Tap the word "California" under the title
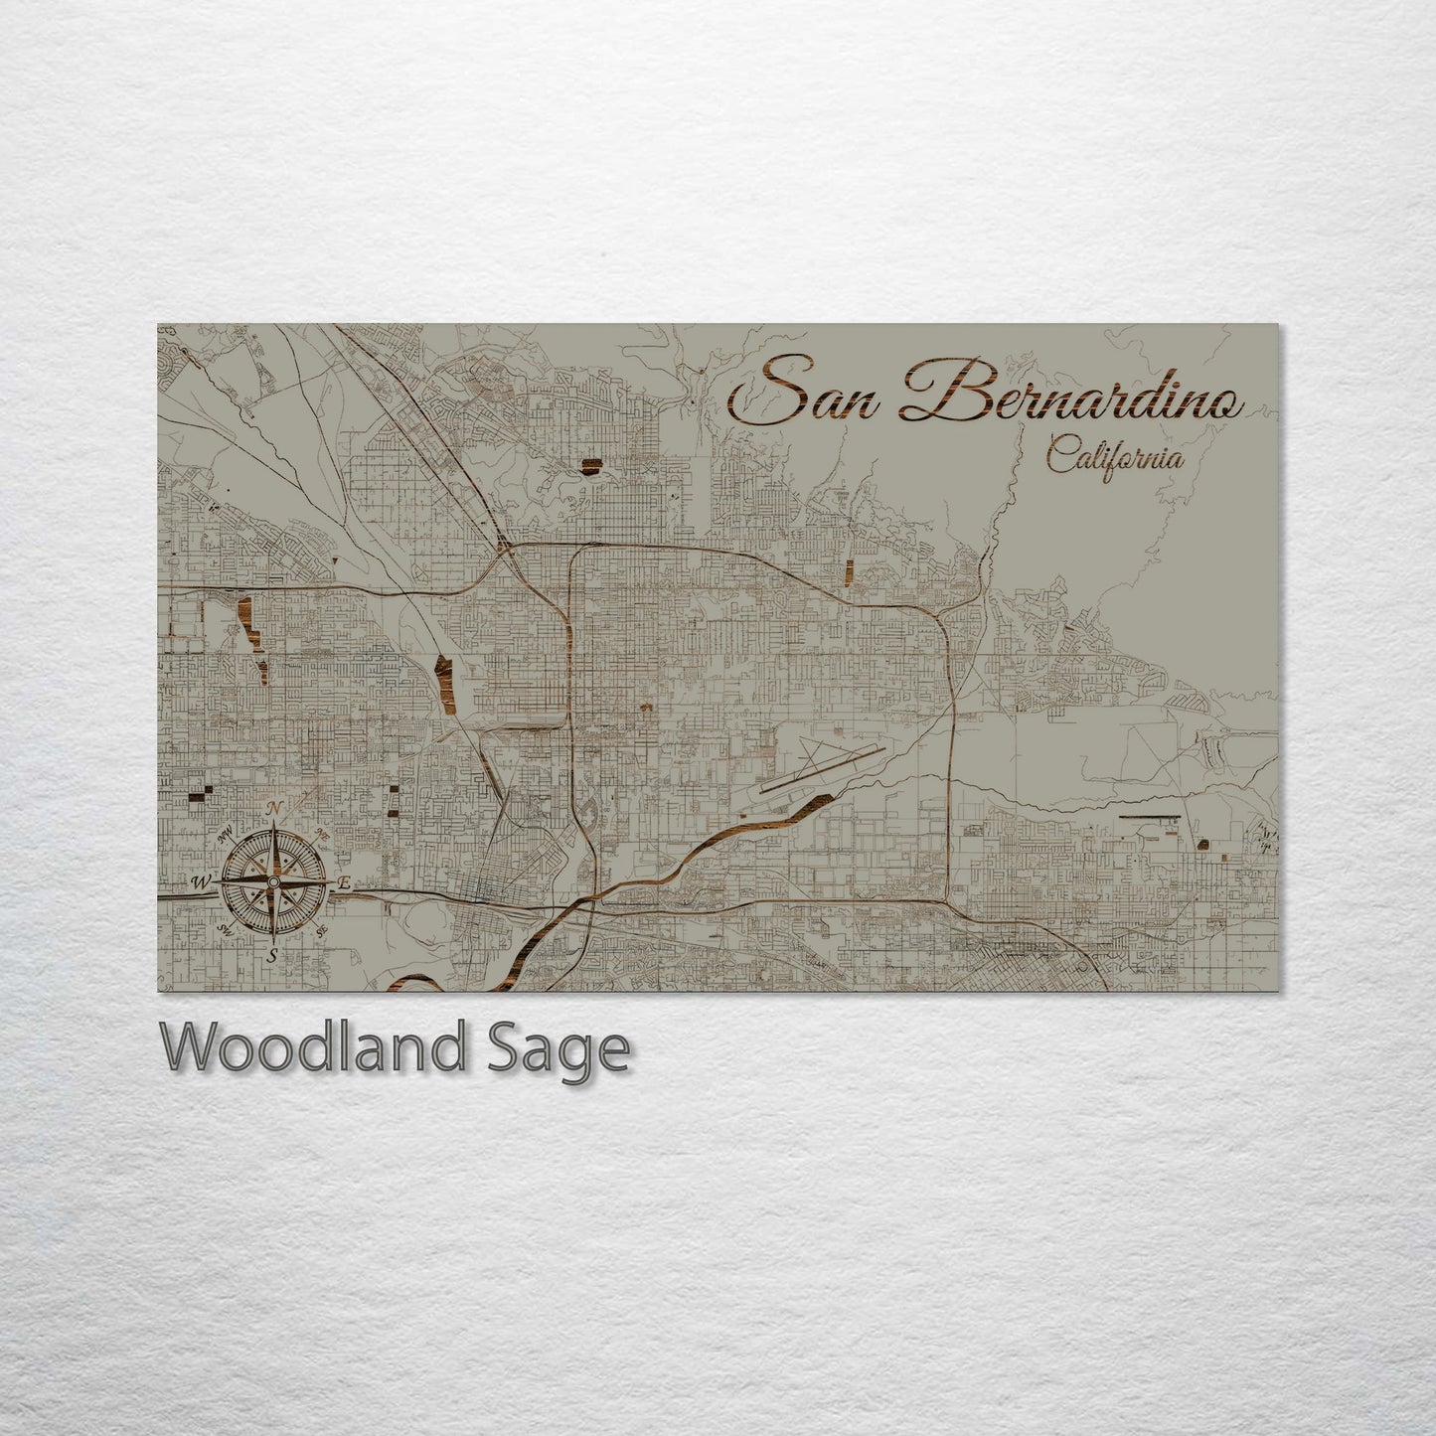[x=1114, y=460]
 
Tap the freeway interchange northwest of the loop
[x=504, y=547]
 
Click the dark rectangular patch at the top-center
[x=593, y=466]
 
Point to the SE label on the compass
[x=321, y=931]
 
